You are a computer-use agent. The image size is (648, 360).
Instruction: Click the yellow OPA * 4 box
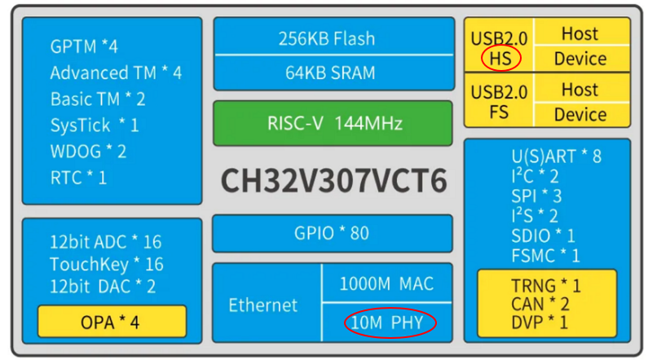point(111,322)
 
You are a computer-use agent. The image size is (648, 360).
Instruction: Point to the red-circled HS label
point(500,59)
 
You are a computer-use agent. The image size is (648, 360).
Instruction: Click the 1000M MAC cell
point(387,283)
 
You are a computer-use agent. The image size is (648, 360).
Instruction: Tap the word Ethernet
point(263,305)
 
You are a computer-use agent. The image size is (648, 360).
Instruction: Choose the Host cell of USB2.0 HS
point(580,34)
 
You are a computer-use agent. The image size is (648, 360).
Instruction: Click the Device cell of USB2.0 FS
point(580,114)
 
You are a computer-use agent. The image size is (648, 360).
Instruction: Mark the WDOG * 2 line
point(88,151)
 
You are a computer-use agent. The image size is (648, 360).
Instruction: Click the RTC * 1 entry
point(78,178)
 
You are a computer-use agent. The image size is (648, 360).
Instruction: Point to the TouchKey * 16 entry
point(106,264)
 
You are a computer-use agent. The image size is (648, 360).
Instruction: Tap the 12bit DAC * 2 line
point(103,287)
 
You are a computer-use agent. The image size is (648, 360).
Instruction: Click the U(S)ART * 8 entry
point(556,156)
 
